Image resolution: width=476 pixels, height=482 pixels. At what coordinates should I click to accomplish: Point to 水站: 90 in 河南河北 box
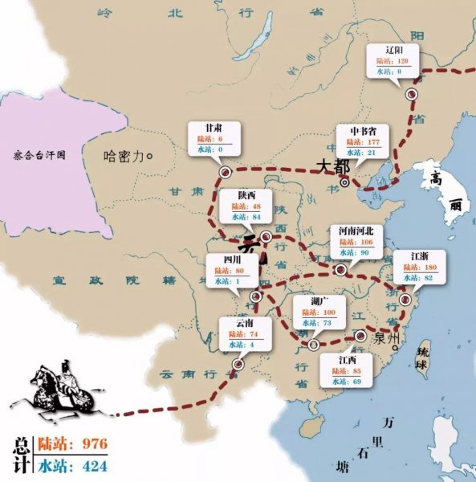[x=356, y=253]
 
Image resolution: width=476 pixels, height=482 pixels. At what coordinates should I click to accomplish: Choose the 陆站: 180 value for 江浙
[x=419, y=267]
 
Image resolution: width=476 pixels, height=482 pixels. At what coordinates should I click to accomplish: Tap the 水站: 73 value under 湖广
[x=315, y=323]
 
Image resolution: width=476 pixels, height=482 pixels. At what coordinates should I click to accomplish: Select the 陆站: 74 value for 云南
[x=243, y=333]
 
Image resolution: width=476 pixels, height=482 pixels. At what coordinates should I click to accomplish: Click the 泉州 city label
[x=387, y=338]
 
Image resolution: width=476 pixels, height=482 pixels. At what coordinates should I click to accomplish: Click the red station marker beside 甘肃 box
[x=226, y=170]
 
